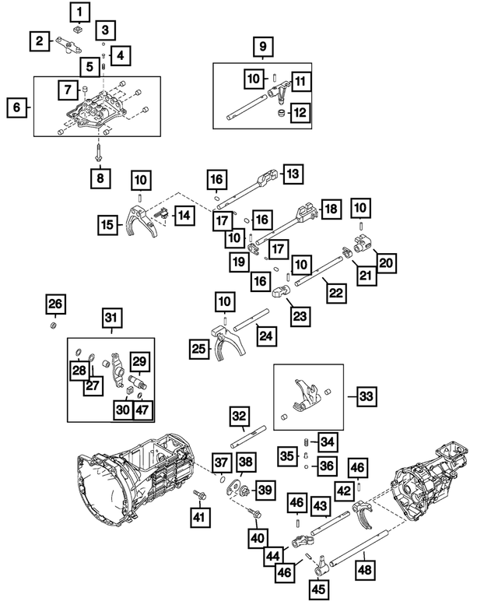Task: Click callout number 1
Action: (80, 12)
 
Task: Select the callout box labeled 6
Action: (16, 107)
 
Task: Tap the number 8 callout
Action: (100, 178)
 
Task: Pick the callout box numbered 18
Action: (331, 209)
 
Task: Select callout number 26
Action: (54, 303)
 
